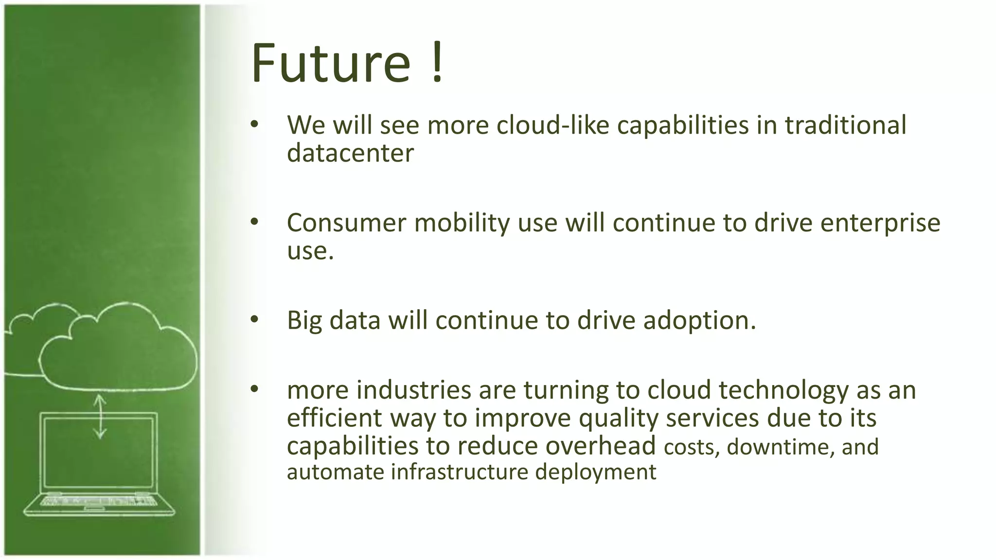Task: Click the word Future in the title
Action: coord(331,63)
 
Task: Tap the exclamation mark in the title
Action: coord(437,63)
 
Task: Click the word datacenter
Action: coord(350,154)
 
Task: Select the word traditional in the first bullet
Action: coord(845,125)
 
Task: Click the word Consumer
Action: coord(346,223)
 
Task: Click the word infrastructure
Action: coord(460,472)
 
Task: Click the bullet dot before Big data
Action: coord(254,319)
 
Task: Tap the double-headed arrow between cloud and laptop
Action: coord(100,416)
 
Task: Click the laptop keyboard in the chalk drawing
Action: coord(99,501)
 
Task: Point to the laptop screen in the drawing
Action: coord(99,452)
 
